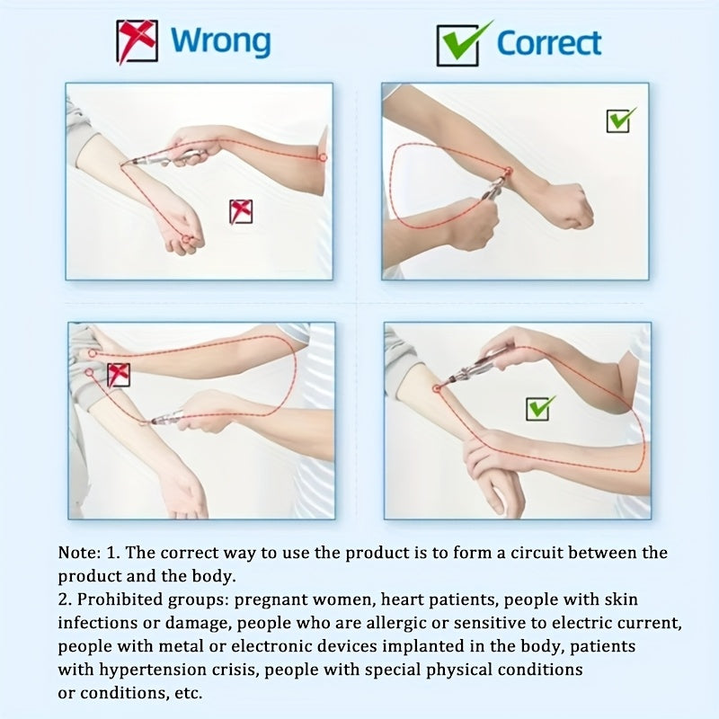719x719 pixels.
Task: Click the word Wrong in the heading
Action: pyautogui.click(x=220, y=41)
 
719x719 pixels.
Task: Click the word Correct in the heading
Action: pyautogui.click(x=549, y=43)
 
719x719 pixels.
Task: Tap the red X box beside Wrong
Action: pyautogui.click(x=138, y=41)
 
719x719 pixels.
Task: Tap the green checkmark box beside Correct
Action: pyautogui.click(x=463, y=44)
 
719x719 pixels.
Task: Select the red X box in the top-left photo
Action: pyautogui.click(x=241, y=211)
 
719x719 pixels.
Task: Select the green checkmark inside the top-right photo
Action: pyautogui.click(x=620, y=120)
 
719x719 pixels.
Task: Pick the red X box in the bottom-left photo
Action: pyautogui.click(x=119, y=375)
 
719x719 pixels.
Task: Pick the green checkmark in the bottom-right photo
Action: pyautogui.click(x=540, y=408)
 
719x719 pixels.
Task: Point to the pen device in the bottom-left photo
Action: pyautogui.click(x=167, y=418)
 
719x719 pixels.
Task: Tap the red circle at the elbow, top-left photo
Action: pyautogui.click(x=323, y=158)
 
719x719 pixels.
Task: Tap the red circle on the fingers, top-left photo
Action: pyautogui.click(x=186, y=239)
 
